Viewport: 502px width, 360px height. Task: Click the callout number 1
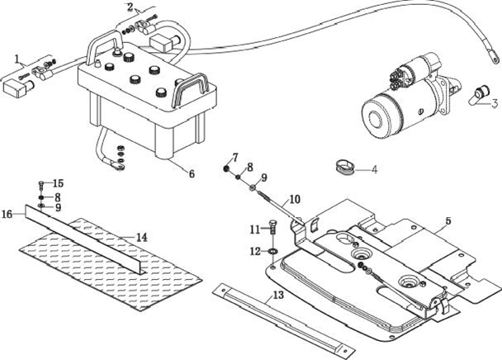17,59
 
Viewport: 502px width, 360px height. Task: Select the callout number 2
130,7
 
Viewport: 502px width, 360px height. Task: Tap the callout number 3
495,103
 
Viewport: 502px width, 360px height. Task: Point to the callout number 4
374,169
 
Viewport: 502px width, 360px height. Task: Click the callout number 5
448,220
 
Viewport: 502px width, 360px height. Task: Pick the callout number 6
192,173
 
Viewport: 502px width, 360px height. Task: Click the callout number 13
278,295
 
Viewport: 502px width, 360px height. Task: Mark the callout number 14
141,238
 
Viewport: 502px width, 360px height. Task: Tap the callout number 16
7,214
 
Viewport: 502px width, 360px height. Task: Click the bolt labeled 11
272,228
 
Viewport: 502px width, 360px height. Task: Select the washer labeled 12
273,251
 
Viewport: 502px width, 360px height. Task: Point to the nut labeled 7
226,168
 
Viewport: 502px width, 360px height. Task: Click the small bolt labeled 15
41,184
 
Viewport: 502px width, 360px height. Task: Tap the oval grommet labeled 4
344,168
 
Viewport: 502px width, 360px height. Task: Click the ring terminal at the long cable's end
495,59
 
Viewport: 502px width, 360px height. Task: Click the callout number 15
58,183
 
